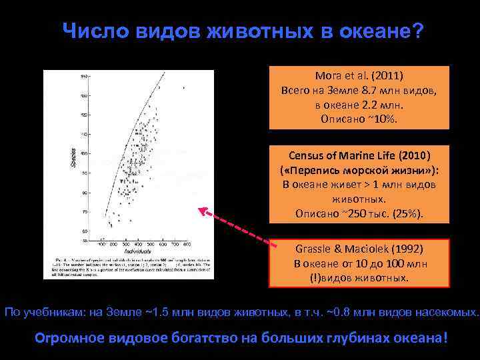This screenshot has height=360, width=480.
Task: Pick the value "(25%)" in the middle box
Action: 407,214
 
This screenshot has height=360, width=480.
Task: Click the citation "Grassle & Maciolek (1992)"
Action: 360,249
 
